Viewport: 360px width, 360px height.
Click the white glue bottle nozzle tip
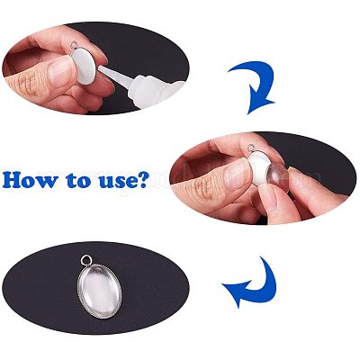pos(100,68)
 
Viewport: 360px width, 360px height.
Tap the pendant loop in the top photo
pos(74,45)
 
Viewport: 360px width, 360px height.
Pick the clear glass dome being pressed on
pos(278,178)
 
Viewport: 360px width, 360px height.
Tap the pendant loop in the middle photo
pos(251,148)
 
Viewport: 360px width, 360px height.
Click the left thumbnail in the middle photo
pos(238,175)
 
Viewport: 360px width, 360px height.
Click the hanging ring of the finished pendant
pos(87,259)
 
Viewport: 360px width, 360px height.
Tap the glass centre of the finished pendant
pos(100,291)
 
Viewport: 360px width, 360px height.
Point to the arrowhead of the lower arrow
pos(236,293)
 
